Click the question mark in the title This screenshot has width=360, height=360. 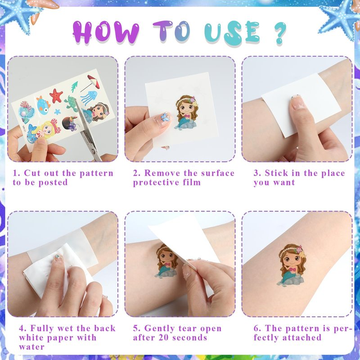tap(280, 33)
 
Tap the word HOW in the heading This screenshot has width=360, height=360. tap(106, 32)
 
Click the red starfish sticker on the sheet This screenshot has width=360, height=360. tap(56, 95)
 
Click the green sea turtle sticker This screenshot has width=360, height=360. tap(72, 103)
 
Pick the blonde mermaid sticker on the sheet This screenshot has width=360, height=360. tap(44, 132)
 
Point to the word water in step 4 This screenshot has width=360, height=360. tap(31, 347)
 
